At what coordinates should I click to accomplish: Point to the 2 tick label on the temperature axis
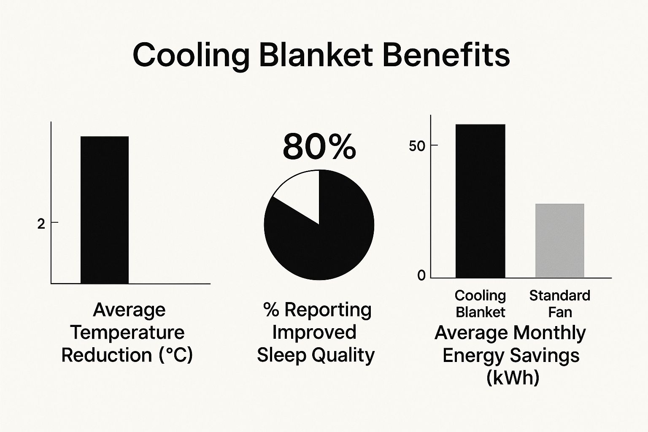(41, 224)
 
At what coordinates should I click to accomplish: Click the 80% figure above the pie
(319, 147)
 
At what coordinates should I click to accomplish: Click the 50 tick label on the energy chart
(418, 146)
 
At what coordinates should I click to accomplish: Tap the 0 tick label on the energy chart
(421, 275)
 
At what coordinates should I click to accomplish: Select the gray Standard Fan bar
(560, 240)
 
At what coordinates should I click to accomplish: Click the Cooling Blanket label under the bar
(481, 304)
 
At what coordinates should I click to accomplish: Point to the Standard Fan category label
(560, 304)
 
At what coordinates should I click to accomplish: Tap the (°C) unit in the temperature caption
(176, 355)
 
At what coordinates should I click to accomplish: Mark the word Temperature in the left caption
(127, 332)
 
